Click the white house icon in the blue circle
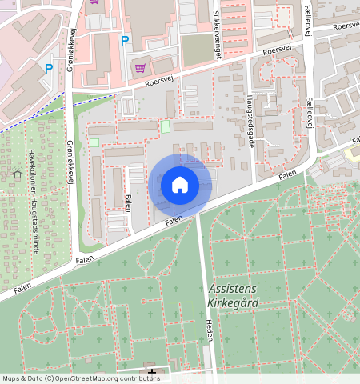pyautogui.click(x=179, y=185)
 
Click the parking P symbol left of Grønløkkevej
pyautogui.click(x=49, y=69)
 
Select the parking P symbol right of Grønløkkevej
pyautogui.click(x=123, y=41)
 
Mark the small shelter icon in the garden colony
pyautogui.click(x=18, y=173)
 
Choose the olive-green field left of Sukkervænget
pyautogui.click(x=194, y=50)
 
